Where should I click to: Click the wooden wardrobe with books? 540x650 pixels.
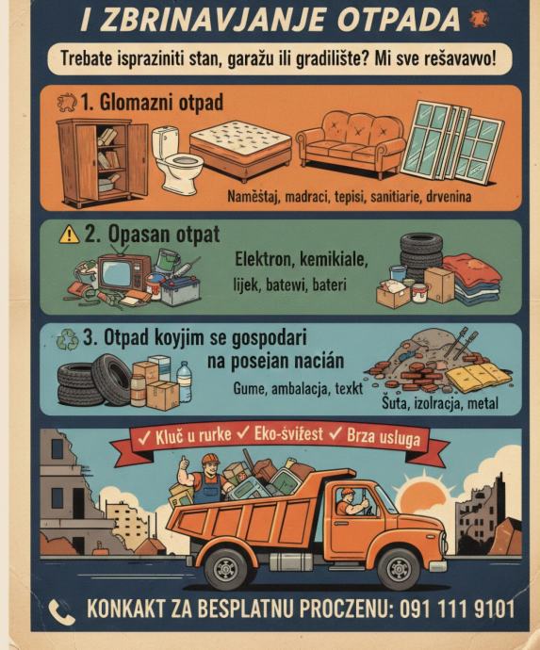coord(102,162)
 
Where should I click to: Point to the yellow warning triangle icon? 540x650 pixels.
coord(69,235)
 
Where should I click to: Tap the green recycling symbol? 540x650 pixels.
coord(68,339)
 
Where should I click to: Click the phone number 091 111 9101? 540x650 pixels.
coord(457,609)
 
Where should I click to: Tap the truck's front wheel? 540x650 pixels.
coord(399,569)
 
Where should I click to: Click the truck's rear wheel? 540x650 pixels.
coord(226,570)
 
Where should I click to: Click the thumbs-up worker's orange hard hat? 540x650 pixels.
coord(210,459)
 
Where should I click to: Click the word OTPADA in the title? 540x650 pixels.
coord(399,20)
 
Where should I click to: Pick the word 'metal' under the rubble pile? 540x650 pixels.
coord(483,403)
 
